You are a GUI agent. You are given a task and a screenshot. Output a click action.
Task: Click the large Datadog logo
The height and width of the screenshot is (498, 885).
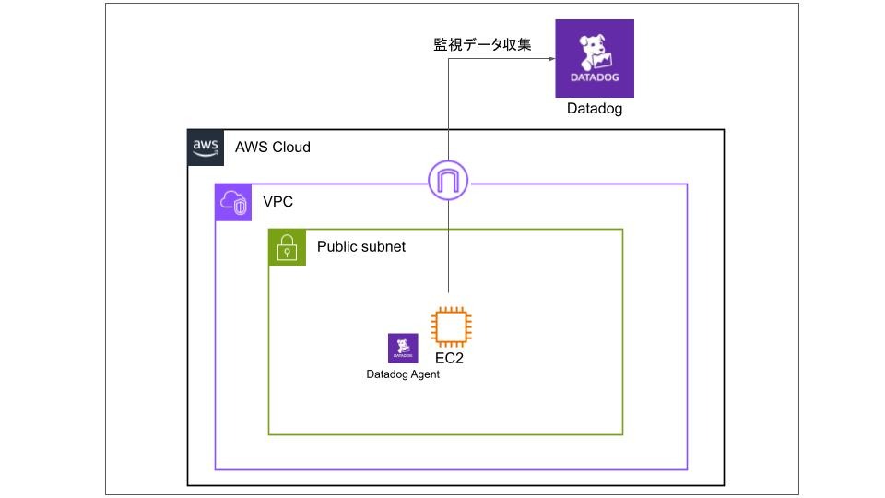point(595,58)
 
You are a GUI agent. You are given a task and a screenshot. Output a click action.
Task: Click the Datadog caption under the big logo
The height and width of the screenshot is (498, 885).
point(595,110)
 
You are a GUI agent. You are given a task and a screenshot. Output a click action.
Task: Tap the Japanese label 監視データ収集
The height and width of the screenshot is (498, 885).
point(482,44)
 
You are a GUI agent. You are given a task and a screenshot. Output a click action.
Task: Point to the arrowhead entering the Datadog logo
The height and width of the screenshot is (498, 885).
point(550,59)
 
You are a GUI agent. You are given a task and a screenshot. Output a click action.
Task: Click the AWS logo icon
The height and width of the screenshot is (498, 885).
point(205,147)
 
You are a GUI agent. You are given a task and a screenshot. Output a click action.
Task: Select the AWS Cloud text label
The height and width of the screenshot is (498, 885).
point(273,147)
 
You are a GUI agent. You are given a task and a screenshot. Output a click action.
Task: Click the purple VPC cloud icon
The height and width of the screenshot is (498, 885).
point(232,202)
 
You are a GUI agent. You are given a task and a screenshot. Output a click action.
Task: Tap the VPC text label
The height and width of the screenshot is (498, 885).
point(277,201)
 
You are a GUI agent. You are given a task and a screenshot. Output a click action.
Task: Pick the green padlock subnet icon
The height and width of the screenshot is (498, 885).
point(287,247)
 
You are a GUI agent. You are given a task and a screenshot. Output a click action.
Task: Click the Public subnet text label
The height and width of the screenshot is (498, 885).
point(361,246)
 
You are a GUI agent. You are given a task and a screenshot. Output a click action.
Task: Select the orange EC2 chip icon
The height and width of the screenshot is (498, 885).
point(451,326)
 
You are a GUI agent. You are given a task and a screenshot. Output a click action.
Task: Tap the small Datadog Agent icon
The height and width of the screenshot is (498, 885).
point(403,348)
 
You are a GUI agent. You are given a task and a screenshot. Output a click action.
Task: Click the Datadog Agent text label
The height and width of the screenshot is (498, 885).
point(403,374)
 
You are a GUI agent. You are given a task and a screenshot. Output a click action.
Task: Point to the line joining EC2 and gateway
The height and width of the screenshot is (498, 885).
point(448,249)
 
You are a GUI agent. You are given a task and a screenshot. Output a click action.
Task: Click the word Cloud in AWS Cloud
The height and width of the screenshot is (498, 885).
point(291,147)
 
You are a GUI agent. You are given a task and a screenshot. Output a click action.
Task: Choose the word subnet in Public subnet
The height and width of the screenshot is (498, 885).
point(383,246)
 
